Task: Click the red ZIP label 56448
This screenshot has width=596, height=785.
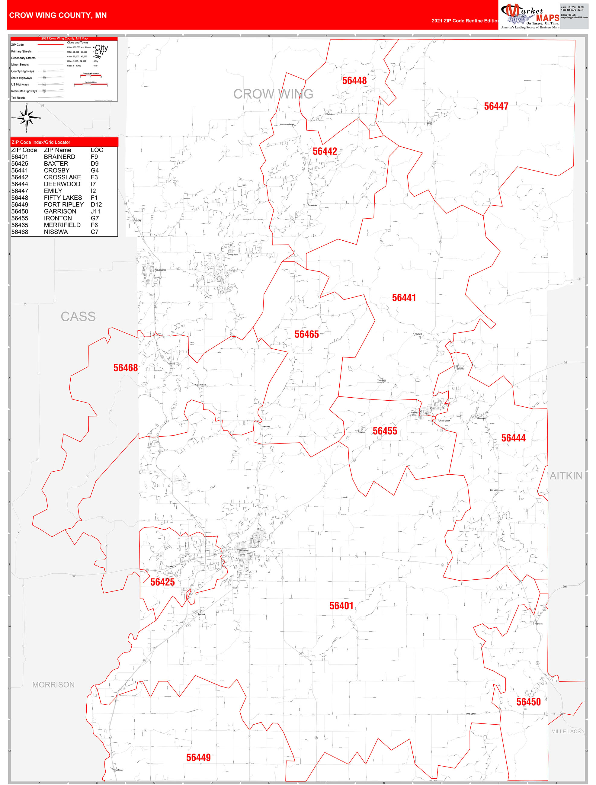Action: (354, 81)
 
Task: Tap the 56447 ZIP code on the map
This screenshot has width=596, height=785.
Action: (496, 106)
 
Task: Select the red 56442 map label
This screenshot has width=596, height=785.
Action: (325, 152)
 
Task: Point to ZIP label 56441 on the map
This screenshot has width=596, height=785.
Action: (404, 298)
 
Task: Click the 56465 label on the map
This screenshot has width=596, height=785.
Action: (306, 334)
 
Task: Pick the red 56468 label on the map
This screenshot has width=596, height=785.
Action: (125, 368)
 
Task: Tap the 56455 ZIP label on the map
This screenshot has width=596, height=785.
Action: (384, 431)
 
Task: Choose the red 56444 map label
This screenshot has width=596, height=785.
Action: (513, 438)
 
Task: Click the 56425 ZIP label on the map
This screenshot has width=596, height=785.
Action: (162, 582)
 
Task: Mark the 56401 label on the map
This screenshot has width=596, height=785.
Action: (341, 606)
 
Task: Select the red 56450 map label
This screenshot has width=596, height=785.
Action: (528, 702)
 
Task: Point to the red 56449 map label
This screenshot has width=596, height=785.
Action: (198, 758)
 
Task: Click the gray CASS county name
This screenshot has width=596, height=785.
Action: (78, 316)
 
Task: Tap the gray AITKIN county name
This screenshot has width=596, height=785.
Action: (566, 476)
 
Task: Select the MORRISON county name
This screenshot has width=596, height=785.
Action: (54, 684)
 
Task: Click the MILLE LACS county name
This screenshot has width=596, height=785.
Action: (566, 732)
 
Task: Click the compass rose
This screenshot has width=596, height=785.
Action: (27, 117)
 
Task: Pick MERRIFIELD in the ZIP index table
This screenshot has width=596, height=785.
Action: (62, 225)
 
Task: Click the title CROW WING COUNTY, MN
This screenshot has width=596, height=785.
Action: (58, 15)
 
